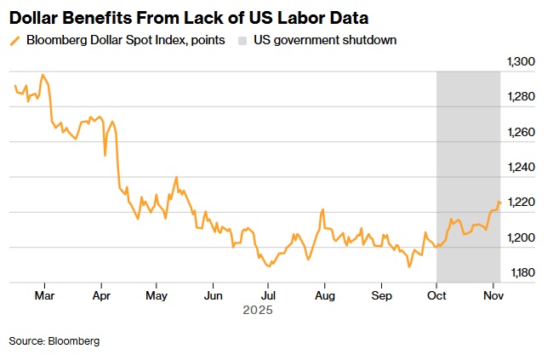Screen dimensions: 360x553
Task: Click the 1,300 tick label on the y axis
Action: [520, 62]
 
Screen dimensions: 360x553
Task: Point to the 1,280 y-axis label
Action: [520, 98]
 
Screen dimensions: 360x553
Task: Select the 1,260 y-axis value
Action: [520, 133]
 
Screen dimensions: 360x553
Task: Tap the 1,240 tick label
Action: [520, 168]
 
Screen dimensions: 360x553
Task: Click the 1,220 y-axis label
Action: [520, 203]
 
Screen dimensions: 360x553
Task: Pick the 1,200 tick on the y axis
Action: [520, 237]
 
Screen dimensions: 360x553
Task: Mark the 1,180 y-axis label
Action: [520, 272]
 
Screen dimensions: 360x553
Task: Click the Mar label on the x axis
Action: [45, 296]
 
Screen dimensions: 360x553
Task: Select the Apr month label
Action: [101, 296]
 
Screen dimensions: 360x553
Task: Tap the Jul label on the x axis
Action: [267, 296]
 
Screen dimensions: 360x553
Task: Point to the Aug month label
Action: [323, 296]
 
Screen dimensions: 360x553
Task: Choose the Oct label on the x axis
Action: [436, 296]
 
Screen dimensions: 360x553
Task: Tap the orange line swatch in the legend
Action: [14, 40]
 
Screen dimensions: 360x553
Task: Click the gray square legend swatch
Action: [243, 40]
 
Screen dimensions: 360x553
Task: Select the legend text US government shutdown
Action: [325, 40]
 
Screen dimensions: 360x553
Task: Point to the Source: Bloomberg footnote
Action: [54, 340]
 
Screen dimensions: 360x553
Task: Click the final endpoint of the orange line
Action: [499, 203]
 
